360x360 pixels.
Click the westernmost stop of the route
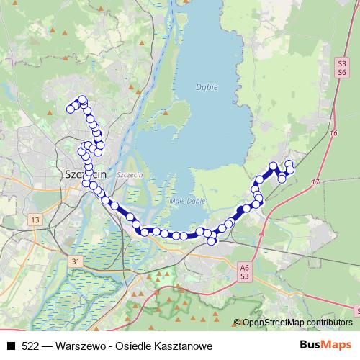[71, 109]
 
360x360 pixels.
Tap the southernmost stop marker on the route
[212, 240]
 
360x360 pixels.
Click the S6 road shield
[342, 73]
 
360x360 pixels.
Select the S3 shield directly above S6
[342, 64]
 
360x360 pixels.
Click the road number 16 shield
[333, 134]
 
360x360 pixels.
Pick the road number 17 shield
[316, 183]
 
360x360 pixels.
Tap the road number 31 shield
[77, 259]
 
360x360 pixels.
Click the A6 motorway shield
[244, 267]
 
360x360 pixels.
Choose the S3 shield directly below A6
[244, 276]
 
